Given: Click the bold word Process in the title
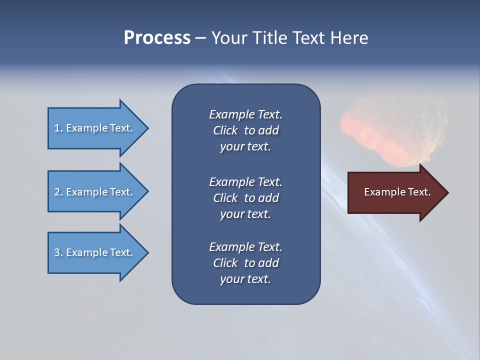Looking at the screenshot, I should click(x=157, y=38).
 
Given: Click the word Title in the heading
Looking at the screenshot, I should click(x=268, y=38).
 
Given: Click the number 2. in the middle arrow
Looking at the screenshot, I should click(x=58, y=192).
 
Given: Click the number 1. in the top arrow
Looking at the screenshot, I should click(x=58, y=128).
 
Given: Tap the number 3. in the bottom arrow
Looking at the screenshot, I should click(x=58, y=252).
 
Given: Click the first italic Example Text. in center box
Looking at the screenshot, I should click(x=245, y=114).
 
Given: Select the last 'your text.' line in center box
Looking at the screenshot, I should click(x=245, y=279).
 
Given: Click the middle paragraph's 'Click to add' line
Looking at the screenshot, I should click(x=245, y=198).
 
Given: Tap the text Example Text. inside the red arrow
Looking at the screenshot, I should click(x=397, y=192).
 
